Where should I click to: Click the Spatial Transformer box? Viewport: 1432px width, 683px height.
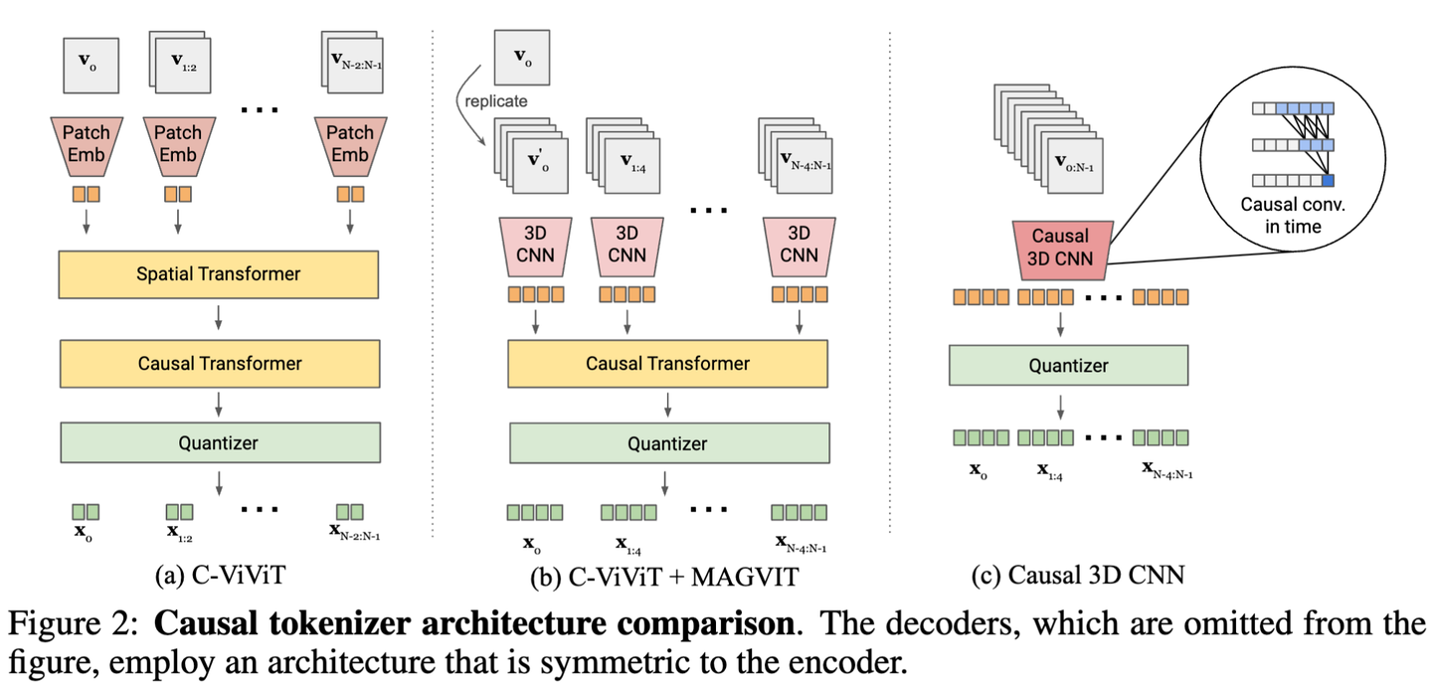point(219,272)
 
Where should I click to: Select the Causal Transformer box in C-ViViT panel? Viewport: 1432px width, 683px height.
point(219,363)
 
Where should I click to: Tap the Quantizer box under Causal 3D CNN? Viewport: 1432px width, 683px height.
point(1068,365)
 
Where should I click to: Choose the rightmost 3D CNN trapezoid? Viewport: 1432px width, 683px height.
point(799,243)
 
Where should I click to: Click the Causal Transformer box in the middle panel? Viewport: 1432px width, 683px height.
point(668,363)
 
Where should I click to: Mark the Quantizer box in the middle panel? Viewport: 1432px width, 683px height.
point(668,443)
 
